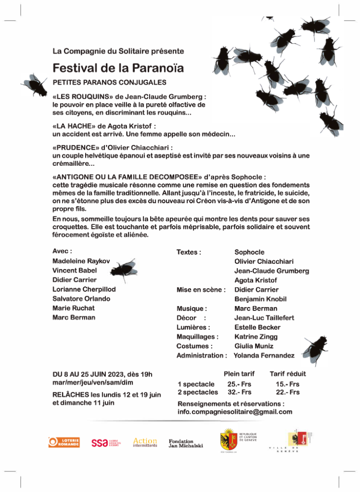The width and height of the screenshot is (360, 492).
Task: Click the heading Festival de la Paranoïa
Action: [118, 67]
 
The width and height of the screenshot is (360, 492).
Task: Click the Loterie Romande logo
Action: [64, 442]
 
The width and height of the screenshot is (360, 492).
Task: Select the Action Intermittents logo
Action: [145, 442]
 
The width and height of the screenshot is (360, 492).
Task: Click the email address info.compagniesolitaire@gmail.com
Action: [235, 412]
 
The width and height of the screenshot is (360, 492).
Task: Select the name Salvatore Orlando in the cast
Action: [81, 299]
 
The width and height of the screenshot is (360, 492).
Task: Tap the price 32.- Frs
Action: [239, 392]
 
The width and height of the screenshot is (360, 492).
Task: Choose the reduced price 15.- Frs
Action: [287, 384]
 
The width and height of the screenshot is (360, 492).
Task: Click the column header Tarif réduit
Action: [288, 374]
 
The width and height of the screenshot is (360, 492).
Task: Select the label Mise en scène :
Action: [201, 290]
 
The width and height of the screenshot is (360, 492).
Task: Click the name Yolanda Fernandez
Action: [264, 355]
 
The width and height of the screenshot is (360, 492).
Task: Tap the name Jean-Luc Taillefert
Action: [264, 318]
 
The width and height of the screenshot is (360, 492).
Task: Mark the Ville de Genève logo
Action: [296, 442]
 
